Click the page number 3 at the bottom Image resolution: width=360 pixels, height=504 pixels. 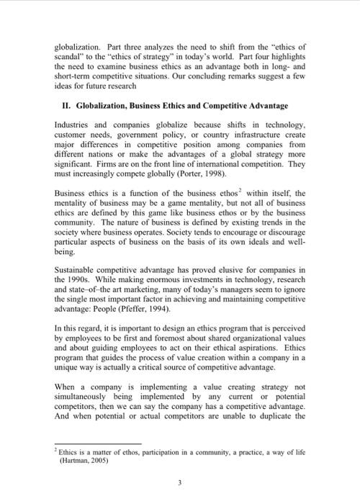pos(180,483)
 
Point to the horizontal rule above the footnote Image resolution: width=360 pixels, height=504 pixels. pos(97,444)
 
